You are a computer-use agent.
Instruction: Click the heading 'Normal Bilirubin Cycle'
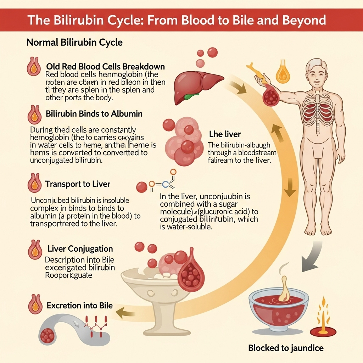click(x=74, y=43)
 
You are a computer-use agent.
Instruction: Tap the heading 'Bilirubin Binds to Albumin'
click(x=94, y=114)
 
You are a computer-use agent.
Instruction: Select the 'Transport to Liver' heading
click(x=78, y=184)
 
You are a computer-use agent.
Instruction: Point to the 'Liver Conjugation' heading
click(x=80, y=248)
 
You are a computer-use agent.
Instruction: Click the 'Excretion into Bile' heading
click(x=80, y=305)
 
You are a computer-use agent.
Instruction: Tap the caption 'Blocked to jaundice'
click(x=286, y=348)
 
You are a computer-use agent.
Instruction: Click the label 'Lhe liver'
click(x=225, y=134)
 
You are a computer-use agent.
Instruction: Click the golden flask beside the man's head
click(x=283, y=73)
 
